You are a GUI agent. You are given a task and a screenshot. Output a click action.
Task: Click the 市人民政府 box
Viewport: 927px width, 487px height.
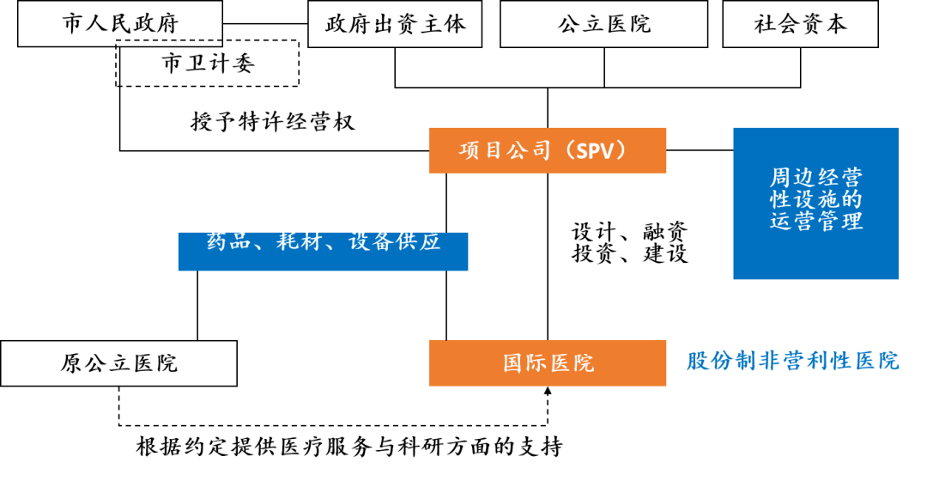(x=119, y=23)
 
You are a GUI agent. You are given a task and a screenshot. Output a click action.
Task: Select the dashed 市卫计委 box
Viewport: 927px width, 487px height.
(x=208, y=64)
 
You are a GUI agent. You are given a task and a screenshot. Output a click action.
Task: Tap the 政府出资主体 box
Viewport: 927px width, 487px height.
(x=395, y=23)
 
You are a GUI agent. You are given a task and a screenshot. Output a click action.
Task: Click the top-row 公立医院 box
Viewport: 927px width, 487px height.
(x=603, y=23)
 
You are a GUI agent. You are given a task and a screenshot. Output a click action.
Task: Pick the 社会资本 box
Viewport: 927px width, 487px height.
(x=800, y=23)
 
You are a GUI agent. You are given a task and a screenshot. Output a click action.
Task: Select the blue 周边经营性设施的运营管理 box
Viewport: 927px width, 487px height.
(x=815, y=203)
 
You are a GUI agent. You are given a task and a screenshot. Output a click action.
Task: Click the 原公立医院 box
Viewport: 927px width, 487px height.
(x=118, y=362)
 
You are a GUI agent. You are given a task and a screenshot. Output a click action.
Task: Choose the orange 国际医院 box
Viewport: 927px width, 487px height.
(x=547, y=362)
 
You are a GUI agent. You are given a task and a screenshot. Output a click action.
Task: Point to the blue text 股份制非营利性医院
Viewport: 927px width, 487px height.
(x=792, y=361)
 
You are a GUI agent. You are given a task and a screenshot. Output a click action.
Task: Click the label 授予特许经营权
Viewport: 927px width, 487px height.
(x=272, y=122)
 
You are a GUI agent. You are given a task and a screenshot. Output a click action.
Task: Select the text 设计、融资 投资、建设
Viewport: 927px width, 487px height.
(x=629, y=242)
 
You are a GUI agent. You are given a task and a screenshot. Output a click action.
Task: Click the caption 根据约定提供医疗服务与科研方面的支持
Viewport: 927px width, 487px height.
(x=349, y=447)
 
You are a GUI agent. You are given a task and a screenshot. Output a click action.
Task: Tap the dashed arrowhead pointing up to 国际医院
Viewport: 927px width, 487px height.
(x=548, y=392)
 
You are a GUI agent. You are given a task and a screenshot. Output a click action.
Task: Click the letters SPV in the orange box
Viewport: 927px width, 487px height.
(x=596, y=151)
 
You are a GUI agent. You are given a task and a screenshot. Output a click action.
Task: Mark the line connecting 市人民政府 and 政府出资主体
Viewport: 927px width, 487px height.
(x=265, y=23)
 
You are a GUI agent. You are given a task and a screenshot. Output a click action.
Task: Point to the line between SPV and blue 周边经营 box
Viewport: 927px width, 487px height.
(x=700, y=150)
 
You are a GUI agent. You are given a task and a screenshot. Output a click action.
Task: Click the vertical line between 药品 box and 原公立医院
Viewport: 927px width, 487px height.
(x=197, y=305)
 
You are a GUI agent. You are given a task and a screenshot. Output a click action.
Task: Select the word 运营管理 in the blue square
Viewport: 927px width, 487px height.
(x=815, y=222)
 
